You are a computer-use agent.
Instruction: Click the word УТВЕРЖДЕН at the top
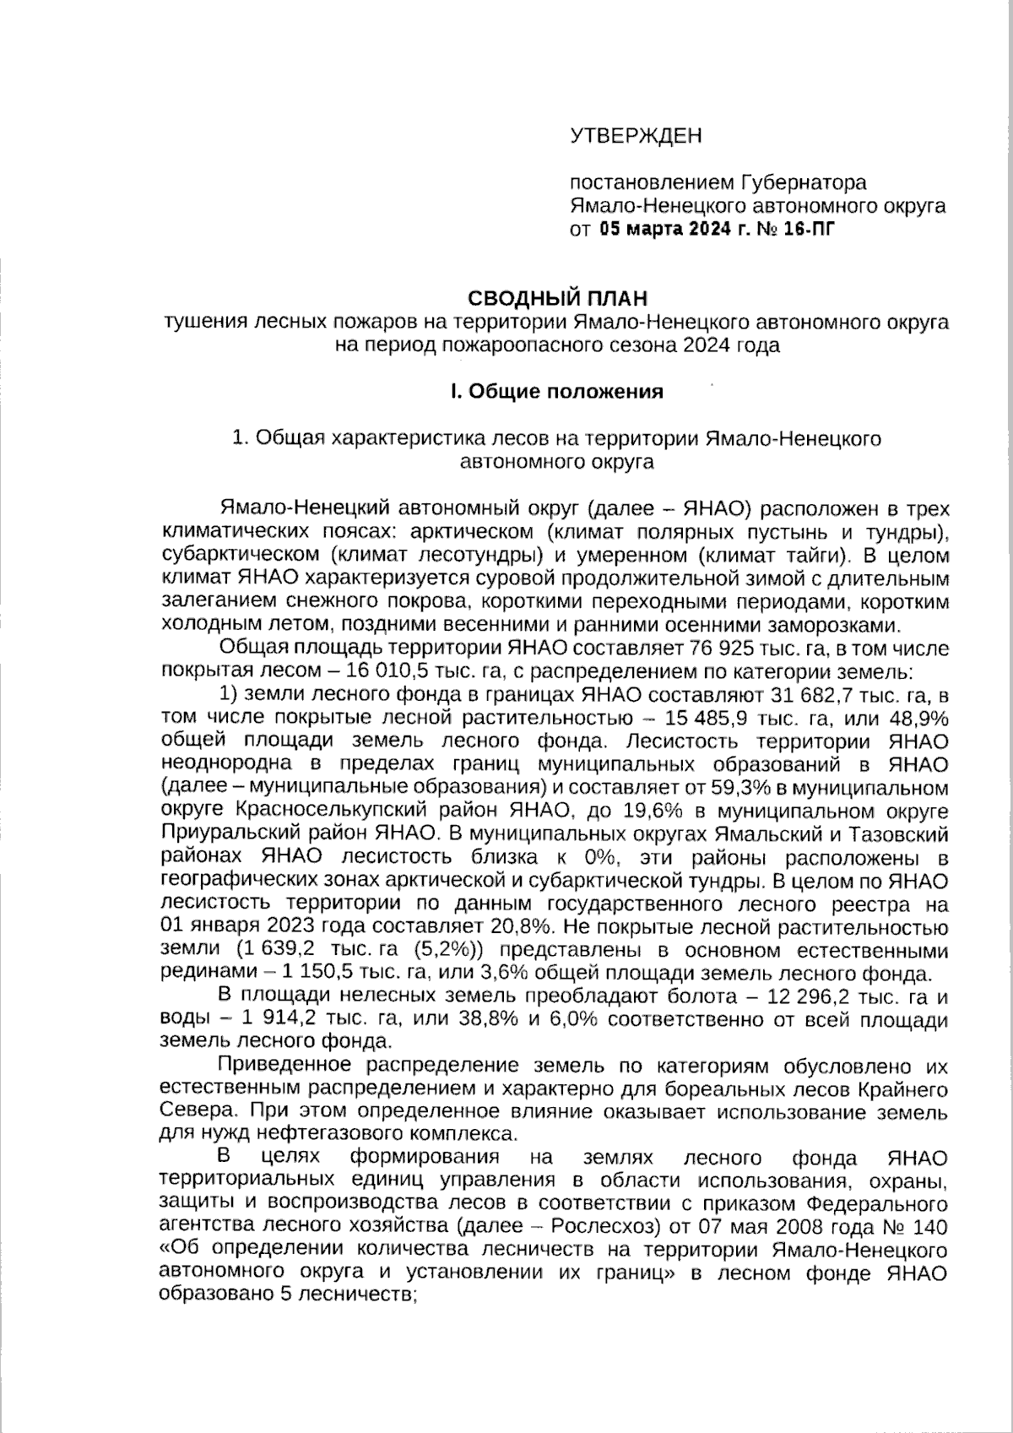pos(636,136)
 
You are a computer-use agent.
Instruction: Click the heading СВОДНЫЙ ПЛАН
pos(558,298)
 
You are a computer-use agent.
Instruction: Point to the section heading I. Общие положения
pos(556,392)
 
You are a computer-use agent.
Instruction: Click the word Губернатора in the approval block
pos(804,182)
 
